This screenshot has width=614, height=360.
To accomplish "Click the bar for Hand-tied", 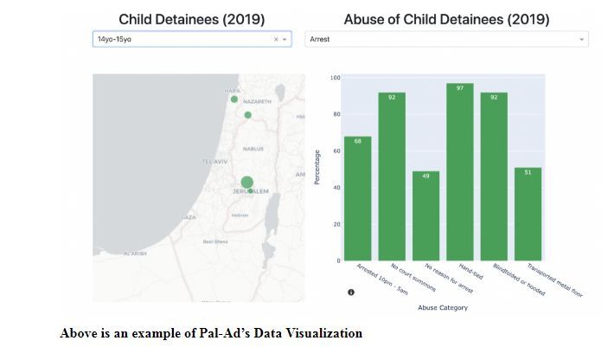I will pyautogui.click(x=459, y=172).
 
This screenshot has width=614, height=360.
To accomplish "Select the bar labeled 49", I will pyautogui.click(x=425, y=215).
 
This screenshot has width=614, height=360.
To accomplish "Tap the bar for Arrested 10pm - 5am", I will pyautogui.click(x=357, y=198).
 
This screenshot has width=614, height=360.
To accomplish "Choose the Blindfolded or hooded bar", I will pyautogui.click(x=494, y=177).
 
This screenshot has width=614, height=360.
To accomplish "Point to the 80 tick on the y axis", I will pyautogui.click(x=336, y=114).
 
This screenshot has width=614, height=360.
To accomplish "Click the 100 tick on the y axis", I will pyautogui.click(x=335, y=78).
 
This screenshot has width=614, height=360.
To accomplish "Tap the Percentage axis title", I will pyautogui.click(x=317, y=166).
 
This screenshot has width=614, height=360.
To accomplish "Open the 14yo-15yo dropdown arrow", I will pyautogui.click(x=285, y=40).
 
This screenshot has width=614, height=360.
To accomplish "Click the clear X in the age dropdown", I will pyautogui.click(x=276, y=40).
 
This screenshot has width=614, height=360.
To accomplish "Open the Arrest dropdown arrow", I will pyautogui.click(x=581, y=40).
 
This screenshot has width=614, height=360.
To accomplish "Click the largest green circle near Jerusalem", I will pyautogui.click(x=246, y=182).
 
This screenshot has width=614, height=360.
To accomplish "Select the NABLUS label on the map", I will pyautogui.click(x=253, y=149).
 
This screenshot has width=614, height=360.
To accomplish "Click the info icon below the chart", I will pyautogui.click(x=351, y=292).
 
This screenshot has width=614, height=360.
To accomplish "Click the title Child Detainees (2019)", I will pyautogui.click(x=192, y=19).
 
